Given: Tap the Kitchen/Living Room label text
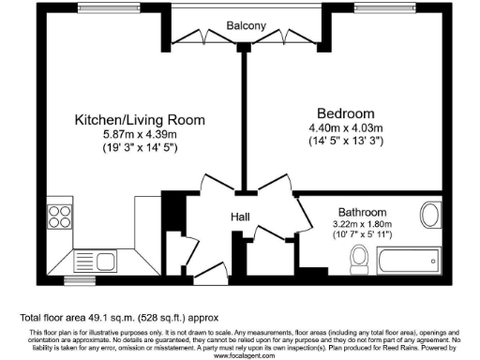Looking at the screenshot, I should [140, 120].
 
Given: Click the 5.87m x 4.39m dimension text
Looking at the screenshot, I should [140, 134].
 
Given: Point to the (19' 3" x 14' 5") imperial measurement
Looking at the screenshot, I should [140, 148].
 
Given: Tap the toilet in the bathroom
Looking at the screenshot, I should [358, 256].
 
